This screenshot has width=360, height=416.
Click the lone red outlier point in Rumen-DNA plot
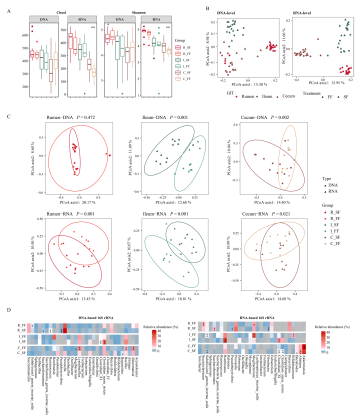point(106,155)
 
